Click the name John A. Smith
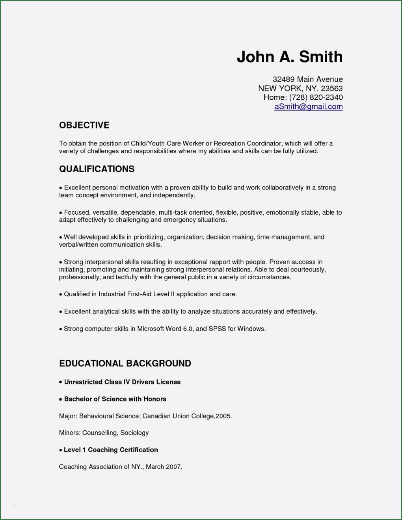[290, 57]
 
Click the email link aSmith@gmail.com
[309, 106]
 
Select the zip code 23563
[332, 88]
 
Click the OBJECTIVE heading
[84, 125]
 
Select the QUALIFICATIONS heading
[97, 169]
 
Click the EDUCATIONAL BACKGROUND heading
[125, 363]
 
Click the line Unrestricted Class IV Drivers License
[122, 382]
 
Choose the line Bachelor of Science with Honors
[115, 399]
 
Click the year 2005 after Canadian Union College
[223, 416]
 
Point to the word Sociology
[134, 433]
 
